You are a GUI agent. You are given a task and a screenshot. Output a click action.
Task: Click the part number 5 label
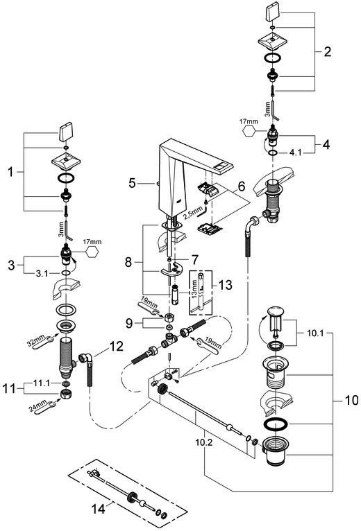(x=132, y=183)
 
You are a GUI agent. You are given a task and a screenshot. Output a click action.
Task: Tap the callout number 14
(x=98, y=508)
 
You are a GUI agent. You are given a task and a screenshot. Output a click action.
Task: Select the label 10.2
(x=204, y=442)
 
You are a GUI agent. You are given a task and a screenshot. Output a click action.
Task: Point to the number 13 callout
(x=226, y=285)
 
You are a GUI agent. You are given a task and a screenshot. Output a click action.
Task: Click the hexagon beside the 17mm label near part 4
(x=250, y=132)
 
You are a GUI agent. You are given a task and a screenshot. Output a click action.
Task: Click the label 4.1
(x=295, y=153)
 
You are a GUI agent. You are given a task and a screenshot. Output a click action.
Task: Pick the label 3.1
(x=42, y=274)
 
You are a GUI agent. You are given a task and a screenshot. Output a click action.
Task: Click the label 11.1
(x=42, y=383)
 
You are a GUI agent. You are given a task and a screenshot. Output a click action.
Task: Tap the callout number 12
(x=116, y=346)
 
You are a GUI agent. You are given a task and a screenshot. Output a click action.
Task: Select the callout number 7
(x=194, y=260)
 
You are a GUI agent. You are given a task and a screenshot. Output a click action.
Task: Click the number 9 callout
(x=129, y=324)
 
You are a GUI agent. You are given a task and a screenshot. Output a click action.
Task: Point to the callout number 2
(x=327, y=52)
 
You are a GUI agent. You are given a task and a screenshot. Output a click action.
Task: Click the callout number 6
(x=241, y=186)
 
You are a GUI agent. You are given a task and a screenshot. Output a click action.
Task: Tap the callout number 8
(x=128, y=262)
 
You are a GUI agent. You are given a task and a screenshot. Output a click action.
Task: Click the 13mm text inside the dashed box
(x=194, y=288)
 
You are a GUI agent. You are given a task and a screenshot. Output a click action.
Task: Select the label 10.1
(x=315, y=333)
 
